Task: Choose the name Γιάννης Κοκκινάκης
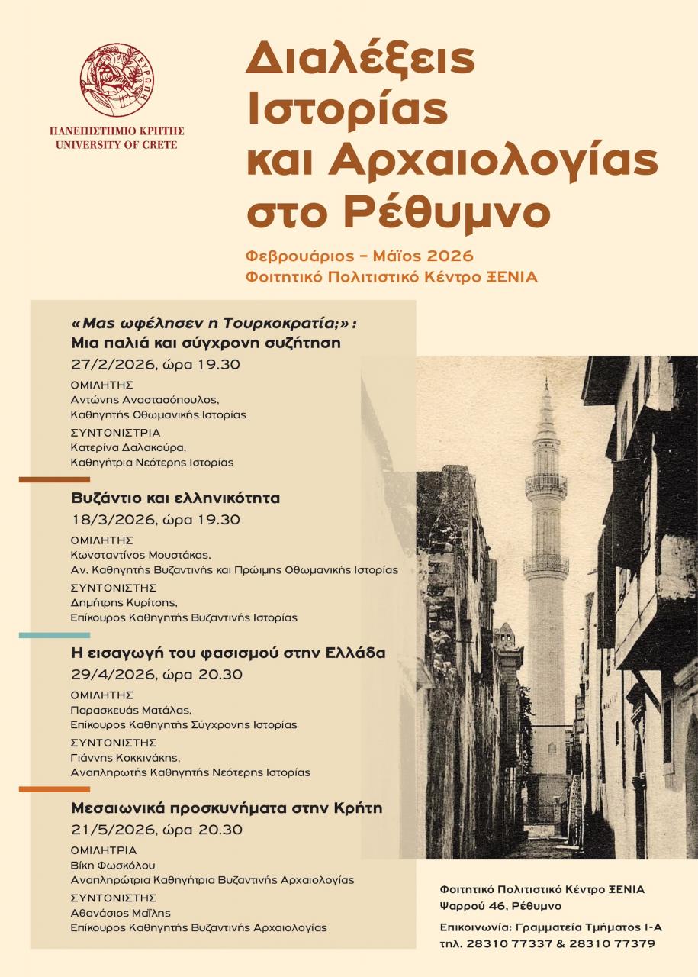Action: [125, 757]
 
